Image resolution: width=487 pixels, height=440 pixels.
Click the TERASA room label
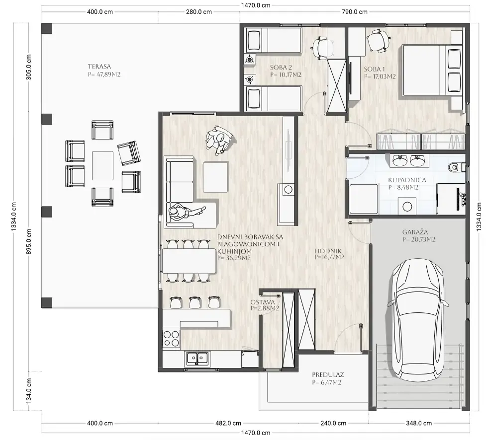point(99,67)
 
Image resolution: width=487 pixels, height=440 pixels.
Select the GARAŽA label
point(415,232)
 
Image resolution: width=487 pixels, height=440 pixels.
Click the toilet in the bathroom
point(455,167)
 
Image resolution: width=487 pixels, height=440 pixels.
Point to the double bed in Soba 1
point(432,70)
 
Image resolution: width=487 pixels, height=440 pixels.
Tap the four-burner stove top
point(171,338)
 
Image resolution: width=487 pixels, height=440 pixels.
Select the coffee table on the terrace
point(102,165)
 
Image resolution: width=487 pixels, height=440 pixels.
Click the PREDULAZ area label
point(328,374)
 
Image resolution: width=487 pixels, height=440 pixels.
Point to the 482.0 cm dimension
point(228,423)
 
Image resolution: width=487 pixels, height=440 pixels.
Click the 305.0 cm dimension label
point(28,67)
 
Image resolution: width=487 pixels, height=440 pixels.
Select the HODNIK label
point(328,251)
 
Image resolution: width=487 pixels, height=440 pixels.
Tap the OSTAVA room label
point(263,302)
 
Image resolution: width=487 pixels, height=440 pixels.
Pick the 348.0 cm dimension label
point(419,423)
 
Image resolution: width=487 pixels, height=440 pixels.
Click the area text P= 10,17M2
point(286,74)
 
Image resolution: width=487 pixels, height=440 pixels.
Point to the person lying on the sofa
point(187,212)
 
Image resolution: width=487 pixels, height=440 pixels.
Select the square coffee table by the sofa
point(215,177)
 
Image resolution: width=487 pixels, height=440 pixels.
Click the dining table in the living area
point(189,261)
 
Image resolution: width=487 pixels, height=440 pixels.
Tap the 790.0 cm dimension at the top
point(354,12)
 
